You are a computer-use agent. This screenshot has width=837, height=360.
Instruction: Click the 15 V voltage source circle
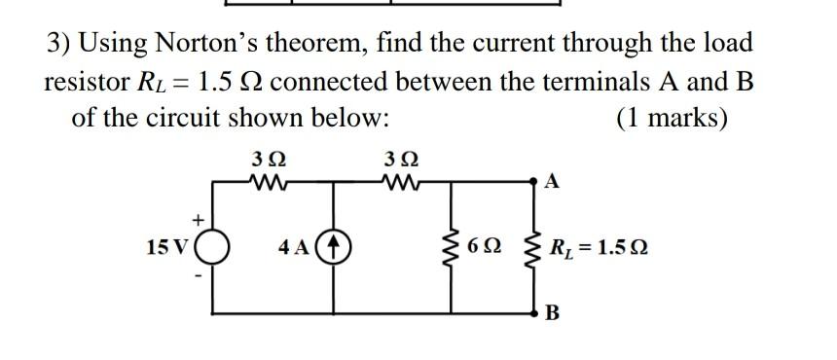coord(213,247)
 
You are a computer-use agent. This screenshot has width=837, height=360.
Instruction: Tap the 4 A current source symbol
coord(337,247)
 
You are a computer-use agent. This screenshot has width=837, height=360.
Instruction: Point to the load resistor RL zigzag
coord(533,247)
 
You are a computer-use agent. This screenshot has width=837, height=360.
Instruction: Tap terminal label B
coord(553,313)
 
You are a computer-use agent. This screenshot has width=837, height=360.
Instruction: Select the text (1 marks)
coord(672,119)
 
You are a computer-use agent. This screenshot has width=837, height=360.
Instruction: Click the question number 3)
coord(60,43)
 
